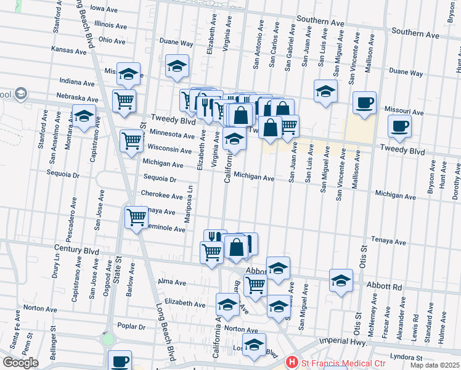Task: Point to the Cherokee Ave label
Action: click(x=162, y=195)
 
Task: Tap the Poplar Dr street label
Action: click(x=133, y=327)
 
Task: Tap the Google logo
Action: click(x=20, y=362)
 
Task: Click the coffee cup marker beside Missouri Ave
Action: click(x=364, y=102)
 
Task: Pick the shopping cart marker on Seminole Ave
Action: click(x=136, y=216)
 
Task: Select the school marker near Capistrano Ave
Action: click(x=84, y=115)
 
